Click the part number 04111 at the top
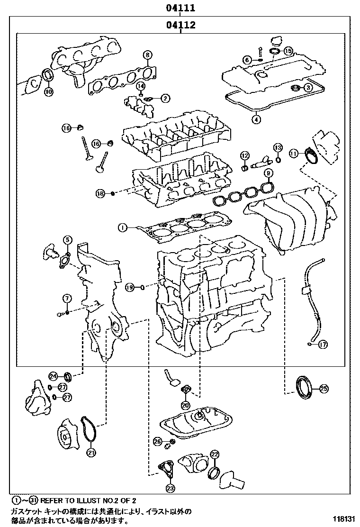(180, 8)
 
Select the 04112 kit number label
(180, 25)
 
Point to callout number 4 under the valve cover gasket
(256, 119)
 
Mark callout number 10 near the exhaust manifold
(49, 91)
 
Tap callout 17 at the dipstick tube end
(323, 345)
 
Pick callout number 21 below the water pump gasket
(90, 452)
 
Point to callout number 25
(324, 389)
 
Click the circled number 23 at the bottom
(170, 487)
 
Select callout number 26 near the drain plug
(158, 441)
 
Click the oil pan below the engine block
(197, 424)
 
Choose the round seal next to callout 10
(48, 76)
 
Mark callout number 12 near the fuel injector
(244, 155)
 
